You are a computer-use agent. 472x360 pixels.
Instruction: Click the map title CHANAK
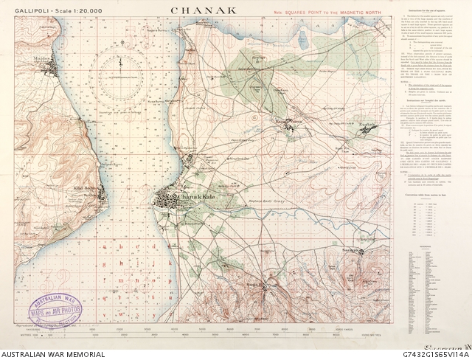click(205, 11)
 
